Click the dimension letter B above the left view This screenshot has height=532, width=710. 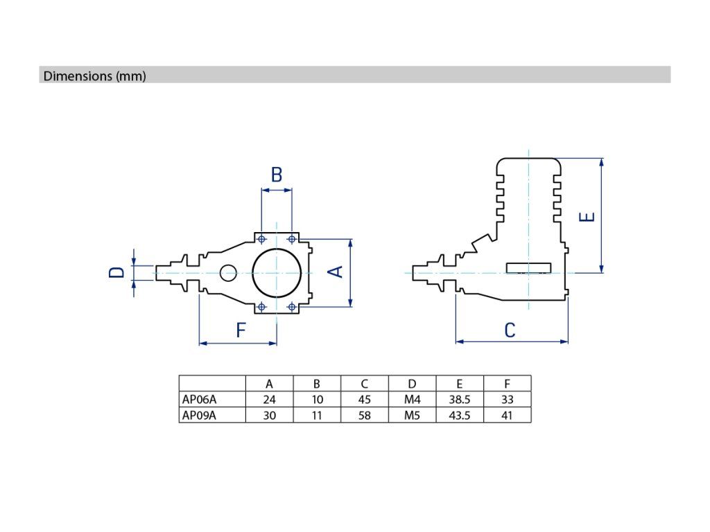coord(277,175)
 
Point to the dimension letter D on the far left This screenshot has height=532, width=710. coord(118,272)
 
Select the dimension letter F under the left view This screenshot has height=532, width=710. coord(241,330)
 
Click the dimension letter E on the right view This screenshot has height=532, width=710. coord(587,217)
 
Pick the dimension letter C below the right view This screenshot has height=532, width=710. coord(510,330)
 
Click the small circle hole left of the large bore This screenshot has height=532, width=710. coord(229,273)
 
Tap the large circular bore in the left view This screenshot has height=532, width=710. coord(277,272)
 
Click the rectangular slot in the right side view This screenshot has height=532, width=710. coord(529,267)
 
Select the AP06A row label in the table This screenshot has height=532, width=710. coord(199,400)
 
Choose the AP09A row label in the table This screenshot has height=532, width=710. coord(199,416)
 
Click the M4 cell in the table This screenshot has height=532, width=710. coord(412,400)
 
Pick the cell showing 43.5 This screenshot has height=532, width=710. coord(459,416)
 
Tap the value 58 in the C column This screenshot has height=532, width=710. coord(365,416)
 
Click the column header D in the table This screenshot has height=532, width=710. coord(412,384)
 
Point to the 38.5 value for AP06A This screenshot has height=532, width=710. coord(459,400)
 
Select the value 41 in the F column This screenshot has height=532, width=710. coord(507,416)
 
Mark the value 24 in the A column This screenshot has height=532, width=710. coord(269,400)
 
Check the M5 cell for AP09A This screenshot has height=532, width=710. coord(412,416)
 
